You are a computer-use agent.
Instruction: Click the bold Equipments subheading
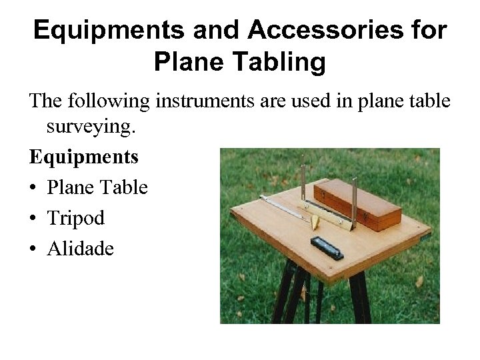coord(84,157)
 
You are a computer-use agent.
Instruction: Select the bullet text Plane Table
coord(97,187)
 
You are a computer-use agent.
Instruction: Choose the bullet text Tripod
coord(76,218)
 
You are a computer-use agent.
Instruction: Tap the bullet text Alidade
coord(81,249)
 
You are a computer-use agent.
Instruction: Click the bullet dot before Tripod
coord(33,219)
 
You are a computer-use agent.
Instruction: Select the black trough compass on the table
coord(327,247)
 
